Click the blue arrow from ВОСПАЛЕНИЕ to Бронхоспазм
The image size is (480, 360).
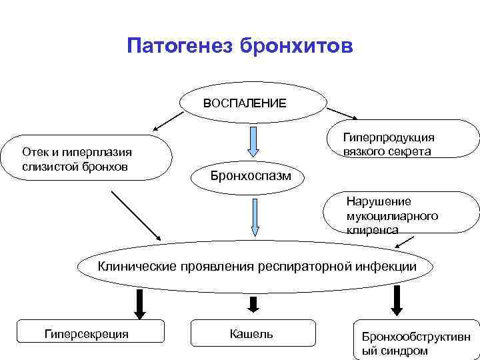254,142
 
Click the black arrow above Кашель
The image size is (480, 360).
253,304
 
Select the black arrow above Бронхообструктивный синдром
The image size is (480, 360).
396,301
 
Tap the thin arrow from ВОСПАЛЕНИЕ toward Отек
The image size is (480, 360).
169,120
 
